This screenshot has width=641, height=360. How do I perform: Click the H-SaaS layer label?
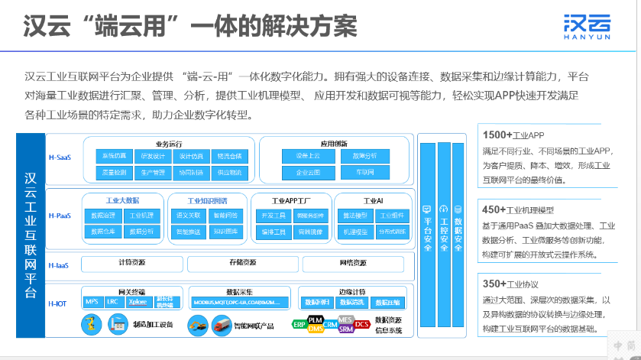(59, 157)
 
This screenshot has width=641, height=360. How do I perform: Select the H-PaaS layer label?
(59, 216)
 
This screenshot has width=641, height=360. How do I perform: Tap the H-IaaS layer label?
(58, 265)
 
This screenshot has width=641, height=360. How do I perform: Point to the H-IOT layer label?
(57, 303)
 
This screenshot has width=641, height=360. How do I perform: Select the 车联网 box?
(364, 173)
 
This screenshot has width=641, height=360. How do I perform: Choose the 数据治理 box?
(103, 216)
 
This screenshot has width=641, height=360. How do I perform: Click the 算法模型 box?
(355, 216)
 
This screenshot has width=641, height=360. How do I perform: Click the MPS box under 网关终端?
(92, 301)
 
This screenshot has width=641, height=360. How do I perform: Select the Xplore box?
(138, 301)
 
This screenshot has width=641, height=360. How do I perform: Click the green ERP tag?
(299, 324)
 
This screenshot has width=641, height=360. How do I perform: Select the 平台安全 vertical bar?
(426, 229)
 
